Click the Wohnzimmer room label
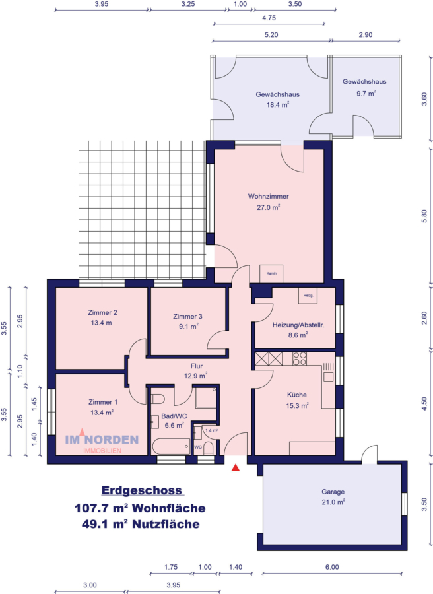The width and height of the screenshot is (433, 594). point(269,197)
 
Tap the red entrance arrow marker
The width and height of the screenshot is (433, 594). point(236,468)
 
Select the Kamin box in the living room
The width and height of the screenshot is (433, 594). point(271,273)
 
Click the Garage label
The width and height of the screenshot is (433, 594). point(333,492)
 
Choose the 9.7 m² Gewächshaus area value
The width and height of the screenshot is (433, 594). point(365,93)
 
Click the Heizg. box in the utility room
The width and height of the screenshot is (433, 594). point(308,296)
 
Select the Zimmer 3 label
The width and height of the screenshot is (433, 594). point(187,316)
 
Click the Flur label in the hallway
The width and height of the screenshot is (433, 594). point(196,366)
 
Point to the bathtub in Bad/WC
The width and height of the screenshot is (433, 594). point(170,447)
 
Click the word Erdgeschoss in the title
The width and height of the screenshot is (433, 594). point(143,491)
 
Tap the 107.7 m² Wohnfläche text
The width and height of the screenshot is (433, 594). point(139,508)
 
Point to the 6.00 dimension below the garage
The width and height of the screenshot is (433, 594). point(332,567)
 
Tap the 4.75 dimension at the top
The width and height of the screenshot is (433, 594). point(269,18)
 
